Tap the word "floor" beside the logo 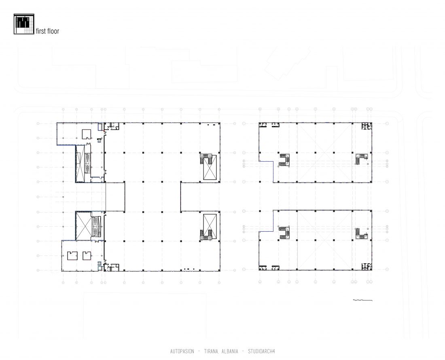[53, 31]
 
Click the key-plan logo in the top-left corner [24, 24]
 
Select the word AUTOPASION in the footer [182, 351]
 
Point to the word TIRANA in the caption [211, 351]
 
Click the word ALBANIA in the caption [230, 351]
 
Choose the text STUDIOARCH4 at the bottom [261, 351]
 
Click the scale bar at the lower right [362, 300]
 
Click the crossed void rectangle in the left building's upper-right [210, 167]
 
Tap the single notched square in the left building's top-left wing [87, 134]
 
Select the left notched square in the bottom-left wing [72, 256]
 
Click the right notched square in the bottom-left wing [87, 256]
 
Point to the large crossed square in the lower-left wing [84, 226]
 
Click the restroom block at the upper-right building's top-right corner [367, 126]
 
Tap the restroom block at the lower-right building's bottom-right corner [367, 266]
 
